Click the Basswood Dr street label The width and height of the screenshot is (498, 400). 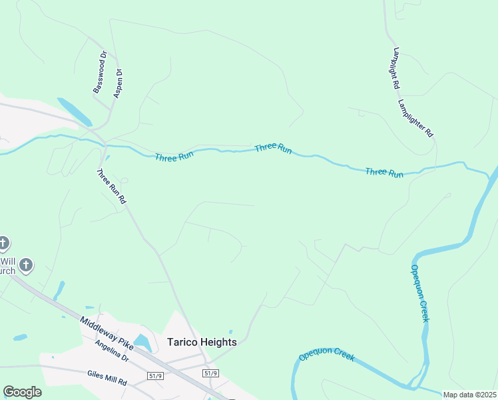(x=100, y=72)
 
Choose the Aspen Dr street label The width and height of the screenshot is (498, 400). (x=118, y=83)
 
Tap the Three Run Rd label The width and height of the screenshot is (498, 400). (x=111, y=186)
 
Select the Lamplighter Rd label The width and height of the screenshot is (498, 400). (x=416, y=119)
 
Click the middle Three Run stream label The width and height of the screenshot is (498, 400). (x=273, y=148)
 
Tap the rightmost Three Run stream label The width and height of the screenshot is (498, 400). (x=384, y=172)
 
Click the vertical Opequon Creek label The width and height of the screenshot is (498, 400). (x=419, y=293)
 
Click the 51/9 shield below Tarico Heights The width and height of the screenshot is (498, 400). (x=210, y=373)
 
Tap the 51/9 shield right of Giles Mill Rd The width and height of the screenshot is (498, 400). (x=156, y=375)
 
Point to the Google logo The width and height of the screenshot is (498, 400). (x=22, y=392)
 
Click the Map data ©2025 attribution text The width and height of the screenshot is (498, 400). (x=470, y=395)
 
